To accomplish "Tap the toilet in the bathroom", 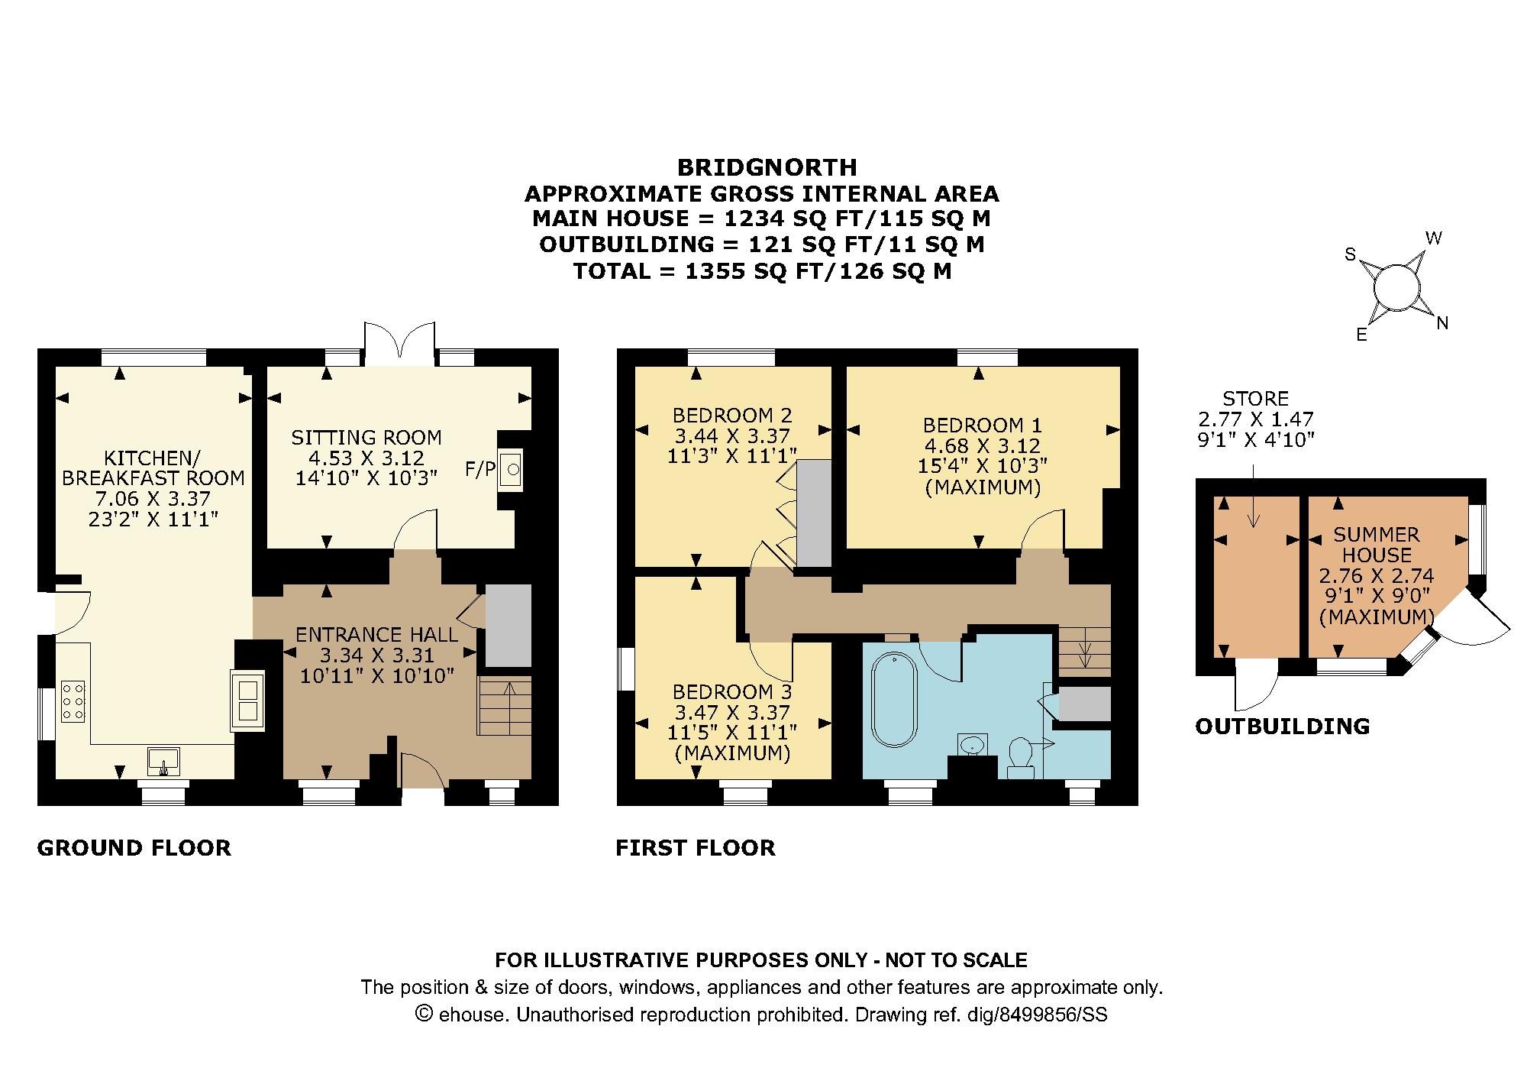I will click(x=1021, y=754).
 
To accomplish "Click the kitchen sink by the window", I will click(x=164, y=761).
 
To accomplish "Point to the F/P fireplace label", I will click(x=480, y=469).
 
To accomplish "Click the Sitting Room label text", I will click(x=366, y=438).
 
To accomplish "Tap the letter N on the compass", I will click(x=1441, y=323).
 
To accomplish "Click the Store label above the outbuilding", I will click(x=1255, y=399).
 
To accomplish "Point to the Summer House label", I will click(x=1377, y=545).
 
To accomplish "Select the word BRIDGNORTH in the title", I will click(x=767, y=167).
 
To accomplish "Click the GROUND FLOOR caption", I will click(x=134, y=848).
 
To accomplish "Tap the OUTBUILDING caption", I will click(x=1282, y=726).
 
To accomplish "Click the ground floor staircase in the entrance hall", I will click(x=505, y=705).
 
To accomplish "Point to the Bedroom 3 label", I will click(x=732, y=692).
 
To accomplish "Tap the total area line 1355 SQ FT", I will click(x=762, y=271).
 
